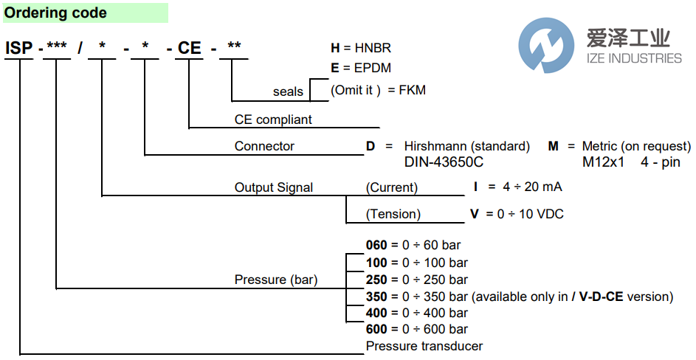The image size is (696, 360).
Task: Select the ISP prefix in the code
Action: (19, 49)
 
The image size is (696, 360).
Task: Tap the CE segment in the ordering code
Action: (190, 49)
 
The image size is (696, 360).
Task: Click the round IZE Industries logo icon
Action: (547, 46)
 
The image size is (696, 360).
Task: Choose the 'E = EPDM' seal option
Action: (361, 68)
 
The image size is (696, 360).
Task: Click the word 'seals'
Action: (288, 91)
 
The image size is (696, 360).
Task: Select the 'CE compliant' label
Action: (273, 120)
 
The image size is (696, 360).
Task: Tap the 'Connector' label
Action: (264, 146)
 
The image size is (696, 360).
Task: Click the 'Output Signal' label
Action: (274, 187)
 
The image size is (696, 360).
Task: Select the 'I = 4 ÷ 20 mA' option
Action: (517, 187)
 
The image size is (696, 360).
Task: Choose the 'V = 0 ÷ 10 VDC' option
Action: (517, 214)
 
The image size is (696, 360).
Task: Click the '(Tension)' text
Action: (393, 214)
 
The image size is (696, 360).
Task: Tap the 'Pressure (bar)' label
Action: (275, 280)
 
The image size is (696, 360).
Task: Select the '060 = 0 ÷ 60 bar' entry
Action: (413, 245)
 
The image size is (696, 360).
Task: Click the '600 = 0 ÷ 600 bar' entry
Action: (417, 329)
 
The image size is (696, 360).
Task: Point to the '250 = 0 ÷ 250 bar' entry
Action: (417, 280)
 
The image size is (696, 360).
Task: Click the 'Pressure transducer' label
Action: (424, 346)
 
